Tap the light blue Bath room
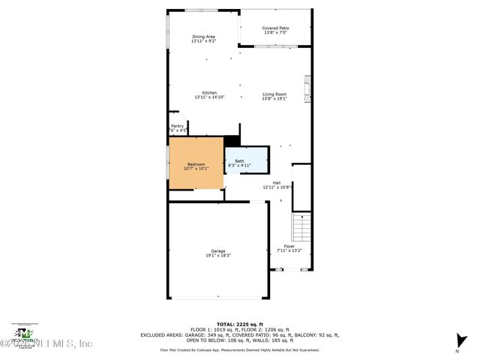(246, 160)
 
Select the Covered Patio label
(275, 28)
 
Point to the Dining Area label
(203, 37)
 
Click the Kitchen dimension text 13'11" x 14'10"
(205, 97)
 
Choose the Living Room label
(274, 93)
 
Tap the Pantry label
(177, 126)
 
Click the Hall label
(276, 182)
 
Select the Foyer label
(289, 245)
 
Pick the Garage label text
(217, 251)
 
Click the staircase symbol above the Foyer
(301, 225)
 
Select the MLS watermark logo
(26, 334)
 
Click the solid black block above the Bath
(232, 141)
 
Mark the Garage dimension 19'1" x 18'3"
(217, 256)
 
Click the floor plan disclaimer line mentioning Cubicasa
(239, 349)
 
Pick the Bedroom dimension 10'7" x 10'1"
(195, 169)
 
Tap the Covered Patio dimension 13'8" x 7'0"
(275, 32)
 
